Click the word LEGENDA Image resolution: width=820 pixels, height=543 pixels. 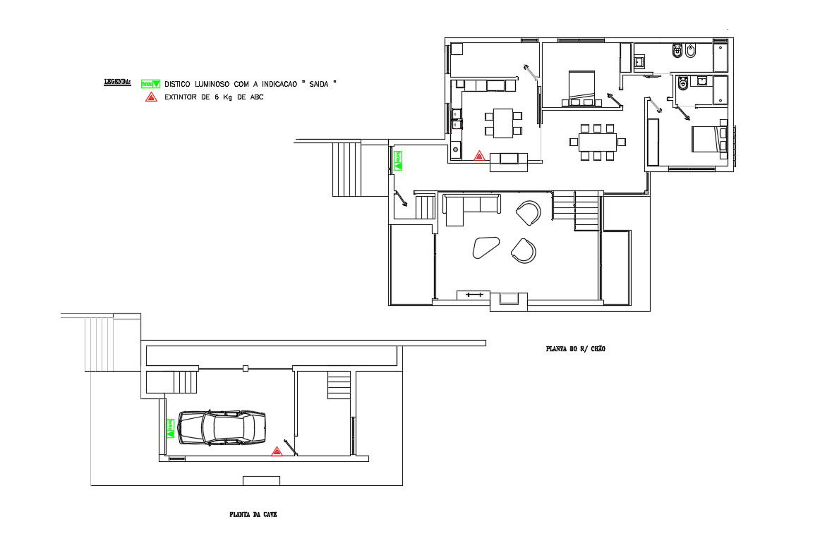(117, 83)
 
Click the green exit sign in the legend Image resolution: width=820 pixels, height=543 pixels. (150, 83)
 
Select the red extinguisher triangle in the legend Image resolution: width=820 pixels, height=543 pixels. (150, 97)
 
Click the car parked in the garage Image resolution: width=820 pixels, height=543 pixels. (222, 427)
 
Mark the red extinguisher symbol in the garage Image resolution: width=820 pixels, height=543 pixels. (277, 451)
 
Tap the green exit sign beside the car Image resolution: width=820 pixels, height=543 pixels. (170, 427)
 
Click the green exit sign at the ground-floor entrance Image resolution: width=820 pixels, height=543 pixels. (398, 160)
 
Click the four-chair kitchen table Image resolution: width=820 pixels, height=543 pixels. (502, 123)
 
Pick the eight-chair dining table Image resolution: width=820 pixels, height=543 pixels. (597, 142)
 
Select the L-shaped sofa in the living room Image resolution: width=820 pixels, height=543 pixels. (466, 207)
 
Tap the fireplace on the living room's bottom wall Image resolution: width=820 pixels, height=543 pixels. (509, 298)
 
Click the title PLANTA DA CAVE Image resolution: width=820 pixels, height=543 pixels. (253, 515)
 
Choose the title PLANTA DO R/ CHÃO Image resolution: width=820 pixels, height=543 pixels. (575, 348)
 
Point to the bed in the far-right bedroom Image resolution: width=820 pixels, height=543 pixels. (708, 138)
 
